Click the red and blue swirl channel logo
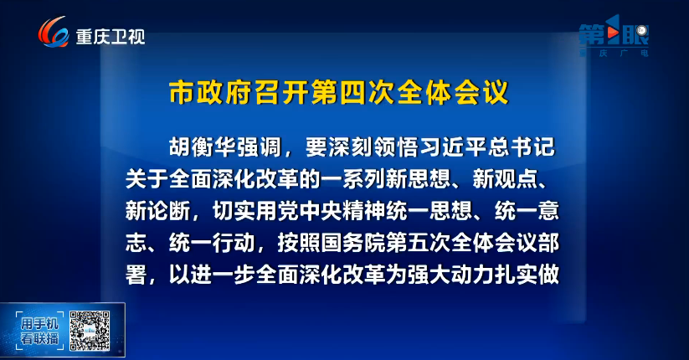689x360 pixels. tap(54, 32)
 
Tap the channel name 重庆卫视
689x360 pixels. tap(111, 37)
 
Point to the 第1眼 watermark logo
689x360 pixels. tap(614, 35)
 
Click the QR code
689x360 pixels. tap(90, 331)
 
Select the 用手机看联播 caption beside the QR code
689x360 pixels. tap(39, 332)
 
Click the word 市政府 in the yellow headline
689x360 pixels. tap(212, 92)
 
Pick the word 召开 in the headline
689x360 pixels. tap(282, 92)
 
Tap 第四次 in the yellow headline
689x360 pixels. tap(353, 92)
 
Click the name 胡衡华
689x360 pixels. tap(203, 147)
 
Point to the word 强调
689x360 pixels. tap(259, 147)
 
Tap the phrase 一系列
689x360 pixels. tap(352, 179)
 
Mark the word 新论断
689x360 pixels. tap(157, 211)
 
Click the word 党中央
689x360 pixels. tap(310, 211)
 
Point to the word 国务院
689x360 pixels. tap(352, 243)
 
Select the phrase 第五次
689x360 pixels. tap(418, 243)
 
